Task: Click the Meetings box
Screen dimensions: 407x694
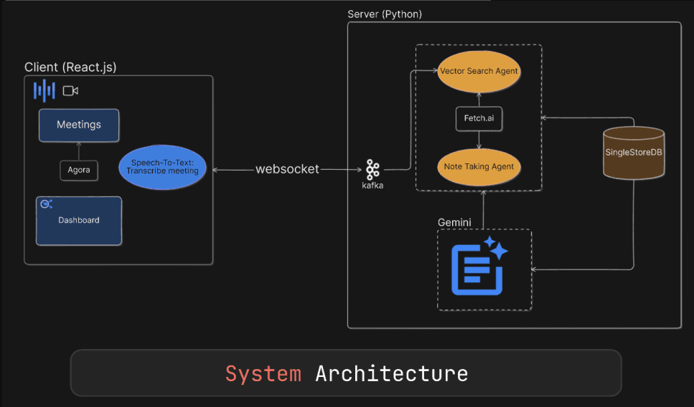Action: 79,125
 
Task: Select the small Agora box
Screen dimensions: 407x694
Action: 79,171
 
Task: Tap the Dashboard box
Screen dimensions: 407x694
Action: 79,220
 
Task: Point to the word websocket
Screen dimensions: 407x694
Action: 287,169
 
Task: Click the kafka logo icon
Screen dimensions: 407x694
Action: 372,170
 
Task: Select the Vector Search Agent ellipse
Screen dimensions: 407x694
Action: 479,72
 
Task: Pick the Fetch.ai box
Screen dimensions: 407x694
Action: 479,118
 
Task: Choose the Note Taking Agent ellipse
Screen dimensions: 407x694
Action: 479,166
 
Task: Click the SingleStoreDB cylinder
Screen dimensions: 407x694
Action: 633,152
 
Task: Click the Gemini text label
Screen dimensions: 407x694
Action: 454,223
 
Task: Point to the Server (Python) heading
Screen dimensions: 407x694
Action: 385,14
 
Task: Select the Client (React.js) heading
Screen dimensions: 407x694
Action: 70,67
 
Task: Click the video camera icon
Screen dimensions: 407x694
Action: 70,90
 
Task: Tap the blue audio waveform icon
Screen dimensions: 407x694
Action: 44,90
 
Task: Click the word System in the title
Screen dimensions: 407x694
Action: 263,373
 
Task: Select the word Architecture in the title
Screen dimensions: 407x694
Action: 391,373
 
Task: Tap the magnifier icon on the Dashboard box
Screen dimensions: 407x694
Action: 46,204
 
